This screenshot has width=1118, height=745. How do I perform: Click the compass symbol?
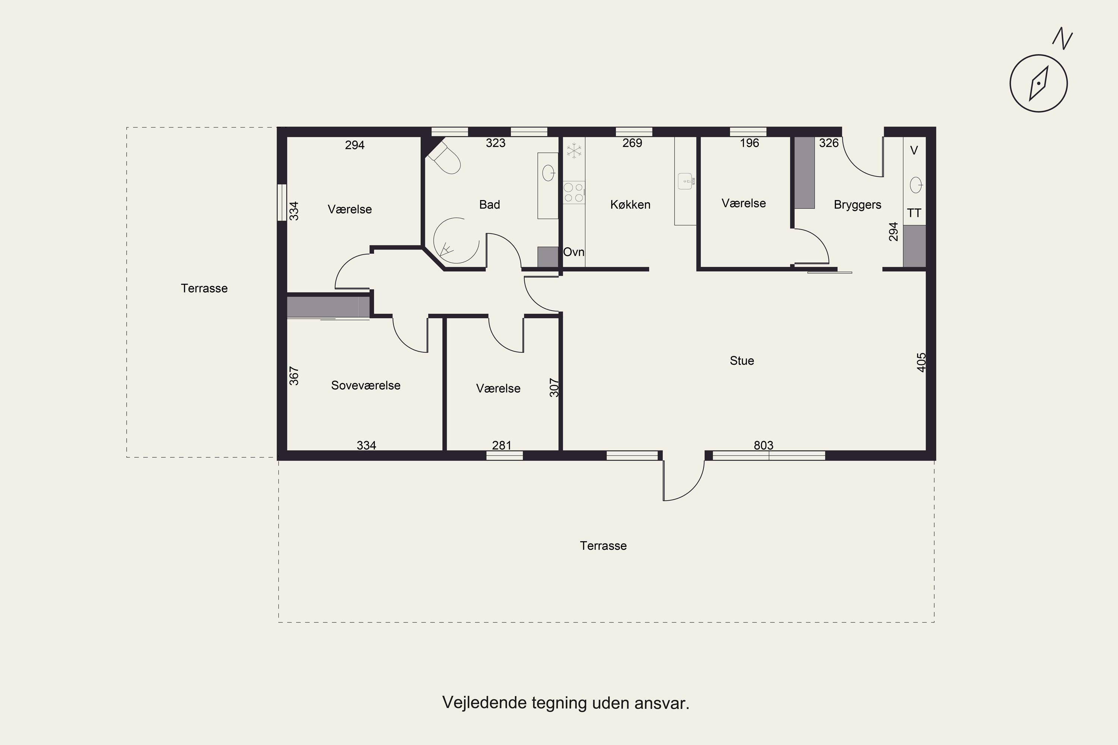click(x=1039, y=83)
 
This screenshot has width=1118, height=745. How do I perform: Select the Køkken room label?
click(x=630, y=205)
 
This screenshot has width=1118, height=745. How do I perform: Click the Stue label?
click(x=742, y=361)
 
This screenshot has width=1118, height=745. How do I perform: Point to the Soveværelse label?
click(x=366, y=385)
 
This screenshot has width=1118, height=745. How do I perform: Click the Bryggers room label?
click(x=858, y=205)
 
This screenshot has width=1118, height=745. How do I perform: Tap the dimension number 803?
click(x=763, y=445)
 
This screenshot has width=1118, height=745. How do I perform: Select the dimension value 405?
click(x=921, y=362)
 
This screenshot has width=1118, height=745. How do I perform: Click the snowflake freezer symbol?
click(x=574, y=150)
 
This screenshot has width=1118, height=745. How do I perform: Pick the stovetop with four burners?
click(x=574, y=193)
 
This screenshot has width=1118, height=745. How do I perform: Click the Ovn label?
click(x=574, y=252)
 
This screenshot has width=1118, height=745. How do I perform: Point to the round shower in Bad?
click(x=456, y=241)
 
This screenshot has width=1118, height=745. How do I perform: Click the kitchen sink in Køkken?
click(x=685, y=181)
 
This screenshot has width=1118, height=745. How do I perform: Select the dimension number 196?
click(x=749, y=143)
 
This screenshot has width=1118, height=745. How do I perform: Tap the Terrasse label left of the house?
click(x=204, y=288)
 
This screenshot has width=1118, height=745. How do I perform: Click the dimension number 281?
click(x=502, y=445)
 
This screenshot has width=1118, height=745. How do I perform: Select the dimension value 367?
click(x=294, y=375)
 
